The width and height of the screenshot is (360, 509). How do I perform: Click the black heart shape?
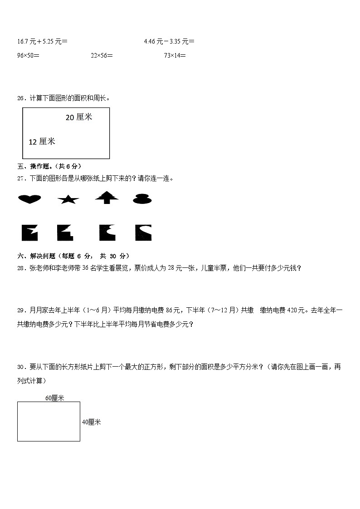click(x=29, y=199)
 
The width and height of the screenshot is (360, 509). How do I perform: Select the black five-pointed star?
click(x=68, y=199)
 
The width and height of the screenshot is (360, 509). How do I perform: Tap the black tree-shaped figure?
click(x=107, y=197)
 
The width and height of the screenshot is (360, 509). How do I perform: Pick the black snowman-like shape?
click(x=142, y=199)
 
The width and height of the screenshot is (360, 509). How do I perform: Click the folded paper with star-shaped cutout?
click(x=30, y=233)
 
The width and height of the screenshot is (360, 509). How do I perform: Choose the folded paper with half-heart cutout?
click(x=143, y=233)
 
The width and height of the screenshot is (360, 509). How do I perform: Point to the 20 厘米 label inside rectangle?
click(x=79, y=117)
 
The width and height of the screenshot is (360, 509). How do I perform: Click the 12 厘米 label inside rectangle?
click(x=42, y=142)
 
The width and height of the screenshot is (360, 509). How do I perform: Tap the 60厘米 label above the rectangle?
click(x=55, y=398)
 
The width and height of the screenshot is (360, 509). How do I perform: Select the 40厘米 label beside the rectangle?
click(x=91, y=422)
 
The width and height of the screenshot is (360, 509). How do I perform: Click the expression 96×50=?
click(x=28, y=56)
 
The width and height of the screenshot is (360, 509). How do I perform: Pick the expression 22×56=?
click(x=102, y=56)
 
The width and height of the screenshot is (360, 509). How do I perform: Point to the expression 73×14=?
click(x=175, y=56)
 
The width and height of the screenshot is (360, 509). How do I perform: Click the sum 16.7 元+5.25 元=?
click(x=42, y=42)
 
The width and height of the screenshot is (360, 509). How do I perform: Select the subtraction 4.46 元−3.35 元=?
click(x=169, y=42)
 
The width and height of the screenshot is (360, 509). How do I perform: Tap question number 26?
click(x=20, y=98)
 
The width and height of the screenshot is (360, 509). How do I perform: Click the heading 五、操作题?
click(x=49, y=166)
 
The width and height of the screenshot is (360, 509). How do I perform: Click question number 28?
click(x=20, y=268)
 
